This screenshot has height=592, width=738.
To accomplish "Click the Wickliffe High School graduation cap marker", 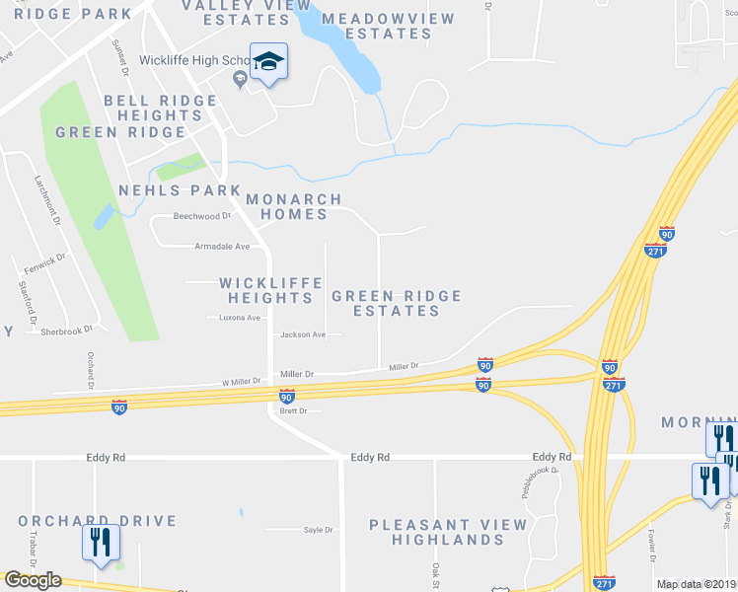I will click(268, 62).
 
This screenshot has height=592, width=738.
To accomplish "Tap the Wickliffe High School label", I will click(194, 60).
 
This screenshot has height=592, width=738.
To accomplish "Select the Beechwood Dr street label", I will click(201, 216).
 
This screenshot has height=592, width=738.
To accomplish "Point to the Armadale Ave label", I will click(222, 246).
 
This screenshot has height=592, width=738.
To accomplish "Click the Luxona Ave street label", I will click(240, 318).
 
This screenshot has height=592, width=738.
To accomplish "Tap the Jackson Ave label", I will click(303, 335).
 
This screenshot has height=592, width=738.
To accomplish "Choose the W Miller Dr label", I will click(241, 381).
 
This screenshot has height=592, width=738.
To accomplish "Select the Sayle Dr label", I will click(319, 530).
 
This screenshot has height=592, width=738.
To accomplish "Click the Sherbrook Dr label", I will click(66, 332).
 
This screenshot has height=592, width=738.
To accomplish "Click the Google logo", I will click(33, 580).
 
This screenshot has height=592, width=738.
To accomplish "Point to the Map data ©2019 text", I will click(696, 584).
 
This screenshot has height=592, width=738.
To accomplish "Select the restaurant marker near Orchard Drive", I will click(102, 542).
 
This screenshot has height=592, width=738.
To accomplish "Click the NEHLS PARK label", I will click(180, 190).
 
